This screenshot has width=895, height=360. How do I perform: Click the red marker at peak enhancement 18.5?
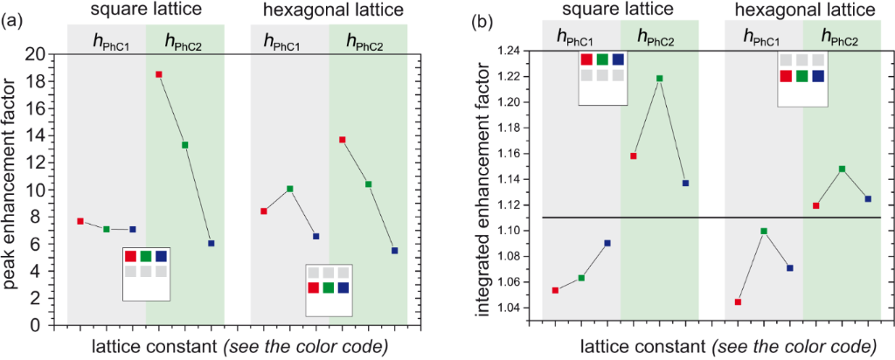[159, 74]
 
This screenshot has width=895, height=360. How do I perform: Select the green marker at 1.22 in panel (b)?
[659, 79]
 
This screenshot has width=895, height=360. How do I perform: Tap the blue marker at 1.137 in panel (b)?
[685, 183]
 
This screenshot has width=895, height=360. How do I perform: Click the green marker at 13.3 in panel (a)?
[185, 145]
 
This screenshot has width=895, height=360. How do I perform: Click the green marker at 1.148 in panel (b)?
[843, 169]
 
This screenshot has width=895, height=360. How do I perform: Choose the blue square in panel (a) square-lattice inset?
[161, 256]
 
